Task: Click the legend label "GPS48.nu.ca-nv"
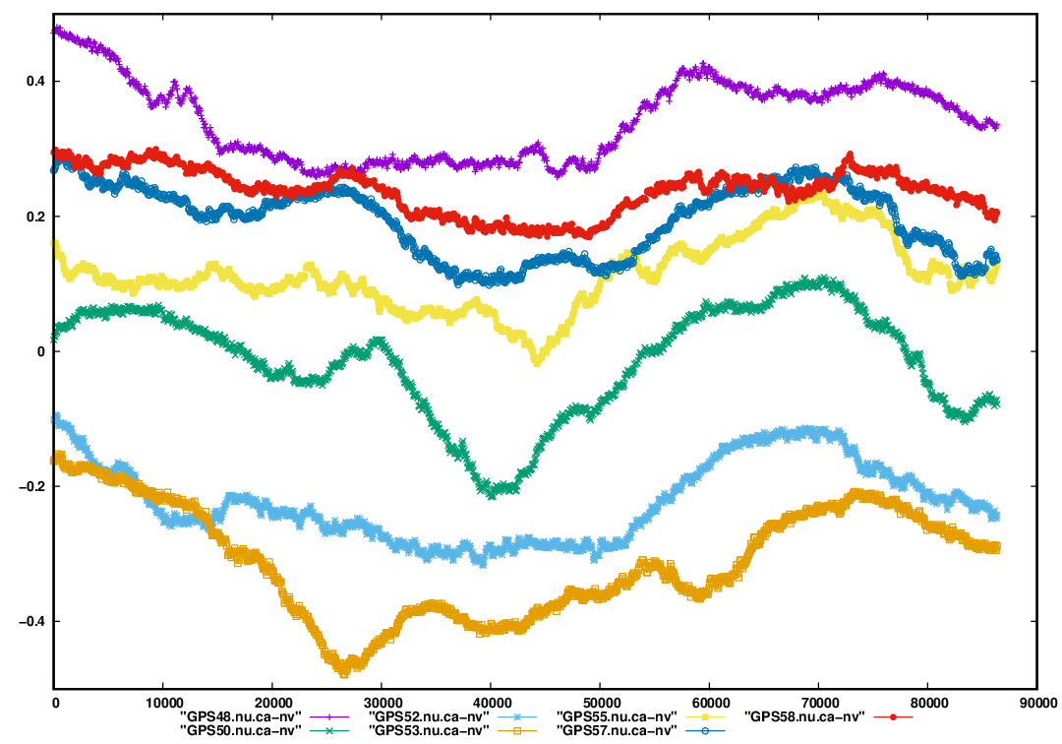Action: [242, 715]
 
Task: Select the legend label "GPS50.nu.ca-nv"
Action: [242, 730]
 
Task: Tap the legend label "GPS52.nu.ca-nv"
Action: [429, 715]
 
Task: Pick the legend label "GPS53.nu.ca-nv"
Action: [429, 730]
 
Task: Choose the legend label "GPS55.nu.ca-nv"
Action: [617, 715]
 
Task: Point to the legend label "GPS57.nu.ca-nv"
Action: [617, 730]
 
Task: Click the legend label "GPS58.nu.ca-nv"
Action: [804, 715]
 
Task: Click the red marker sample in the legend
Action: [892, 715]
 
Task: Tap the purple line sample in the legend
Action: [329, 715]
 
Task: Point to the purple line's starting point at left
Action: [55, 30]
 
